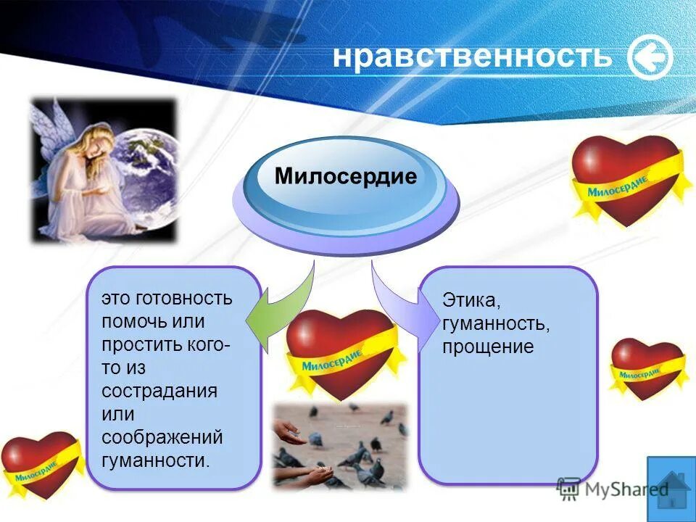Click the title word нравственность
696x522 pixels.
472,57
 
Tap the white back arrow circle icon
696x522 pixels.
650,58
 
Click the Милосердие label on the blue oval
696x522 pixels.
346,177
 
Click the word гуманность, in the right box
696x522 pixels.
496,323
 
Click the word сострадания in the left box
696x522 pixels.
159,391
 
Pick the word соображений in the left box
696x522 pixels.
162,437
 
